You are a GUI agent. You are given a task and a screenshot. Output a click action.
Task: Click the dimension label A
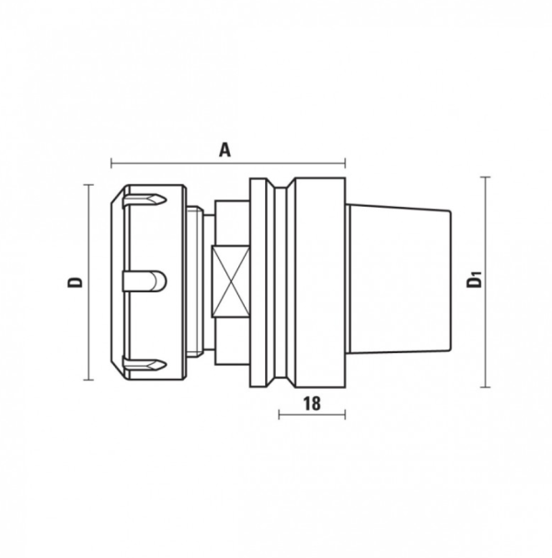224,150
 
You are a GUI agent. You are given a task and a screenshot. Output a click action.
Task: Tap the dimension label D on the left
75,282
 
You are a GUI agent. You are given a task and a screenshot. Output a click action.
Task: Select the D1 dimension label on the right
475,279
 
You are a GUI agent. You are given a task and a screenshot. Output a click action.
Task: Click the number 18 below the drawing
312,404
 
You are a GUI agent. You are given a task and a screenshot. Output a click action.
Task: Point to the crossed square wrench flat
231,281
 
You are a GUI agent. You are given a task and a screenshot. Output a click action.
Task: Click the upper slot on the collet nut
144,200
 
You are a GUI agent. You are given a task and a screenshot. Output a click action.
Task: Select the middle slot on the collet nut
144,281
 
